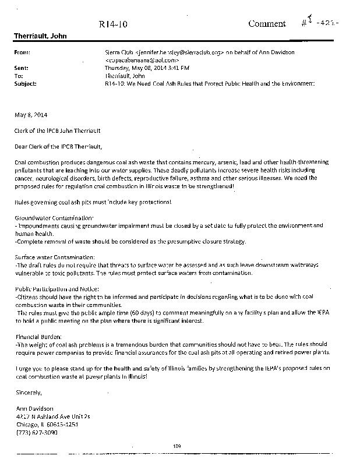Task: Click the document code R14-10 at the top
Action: pos(110,24)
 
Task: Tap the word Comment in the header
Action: pos(267,24)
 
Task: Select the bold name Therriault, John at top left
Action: pos(40,36)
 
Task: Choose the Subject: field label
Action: pos(24,83)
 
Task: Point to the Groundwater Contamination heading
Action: pos(53,217)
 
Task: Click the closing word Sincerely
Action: pos(30,391)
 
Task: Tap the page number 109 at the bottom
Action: pos(178,446)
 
